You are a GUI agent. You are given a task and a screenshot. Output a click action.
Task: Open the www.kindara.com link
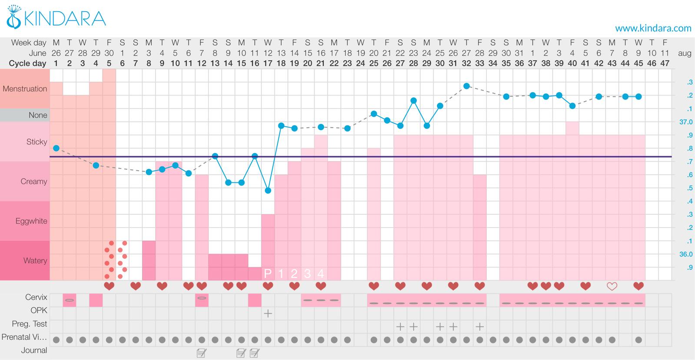click(653, 28)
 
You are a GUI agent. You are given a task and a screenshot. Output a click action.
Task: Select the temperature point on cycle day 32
click(467, 86)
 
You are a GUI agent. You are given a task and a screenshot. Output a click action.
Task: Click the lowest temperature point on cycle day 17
click(268, 191)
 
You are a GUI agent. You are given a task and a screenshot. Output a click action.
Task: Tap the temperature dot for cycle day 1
click(56, 148)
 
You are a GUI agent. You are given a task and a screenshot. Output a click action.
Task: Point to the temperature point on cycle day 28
click(414, 100)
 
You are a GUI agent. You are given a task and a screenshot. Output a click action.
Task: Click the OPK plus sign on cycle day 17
click(268, 313)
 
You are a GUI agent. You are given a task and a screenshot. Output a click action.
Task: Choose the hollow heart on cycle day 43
click(612, 286)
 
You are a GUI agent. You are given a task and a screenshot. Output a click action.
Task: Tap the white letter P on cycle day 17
click(268, 274)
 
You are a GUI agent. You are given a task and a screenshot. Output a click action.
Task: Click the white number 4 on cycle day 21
click(321, 274)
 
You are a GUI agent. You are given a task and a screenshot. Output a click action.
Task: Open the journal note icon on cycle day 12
click(202, 353)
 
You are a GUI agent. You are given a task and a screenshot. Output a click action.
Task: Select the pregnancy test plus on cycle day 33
click(480, 327)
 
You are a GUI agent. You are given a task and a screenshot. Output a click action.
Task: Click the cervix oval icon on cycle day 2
click(69, 300)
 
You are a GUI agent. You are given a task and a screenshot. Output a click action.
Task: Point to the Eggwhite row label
click(31, 221)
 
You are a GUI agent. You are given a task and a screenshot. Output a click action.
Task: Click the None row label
click(38, 115)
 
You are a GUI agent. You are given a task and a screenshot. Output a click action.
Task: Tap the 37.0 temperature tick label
click(686, 122)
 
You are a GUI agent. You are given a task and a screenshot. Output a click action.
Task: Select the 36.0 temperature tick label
click(686, 254)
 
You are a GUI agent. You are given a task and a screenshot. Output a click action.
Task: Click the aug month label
click(684, 53)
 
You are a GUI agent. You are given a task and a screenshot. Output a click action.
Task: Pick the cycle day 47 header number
click(665, 63)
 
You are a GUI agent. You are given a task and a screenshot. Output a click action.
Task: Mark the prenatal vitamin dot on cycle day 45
click(638, 340)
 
